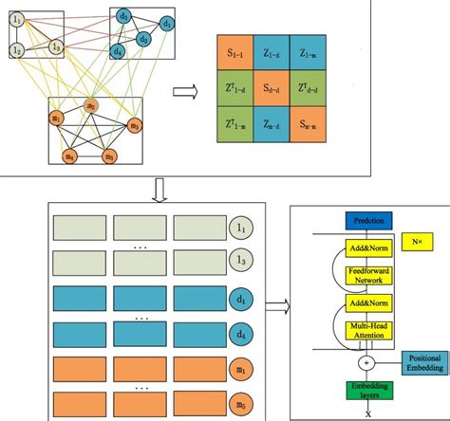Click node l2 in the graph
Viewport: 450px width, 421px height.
tap(17, 49)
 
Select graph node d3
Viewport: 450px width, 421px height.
tap(124, 17)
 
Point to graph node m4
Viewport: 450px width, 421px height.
tap(70, 156)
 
